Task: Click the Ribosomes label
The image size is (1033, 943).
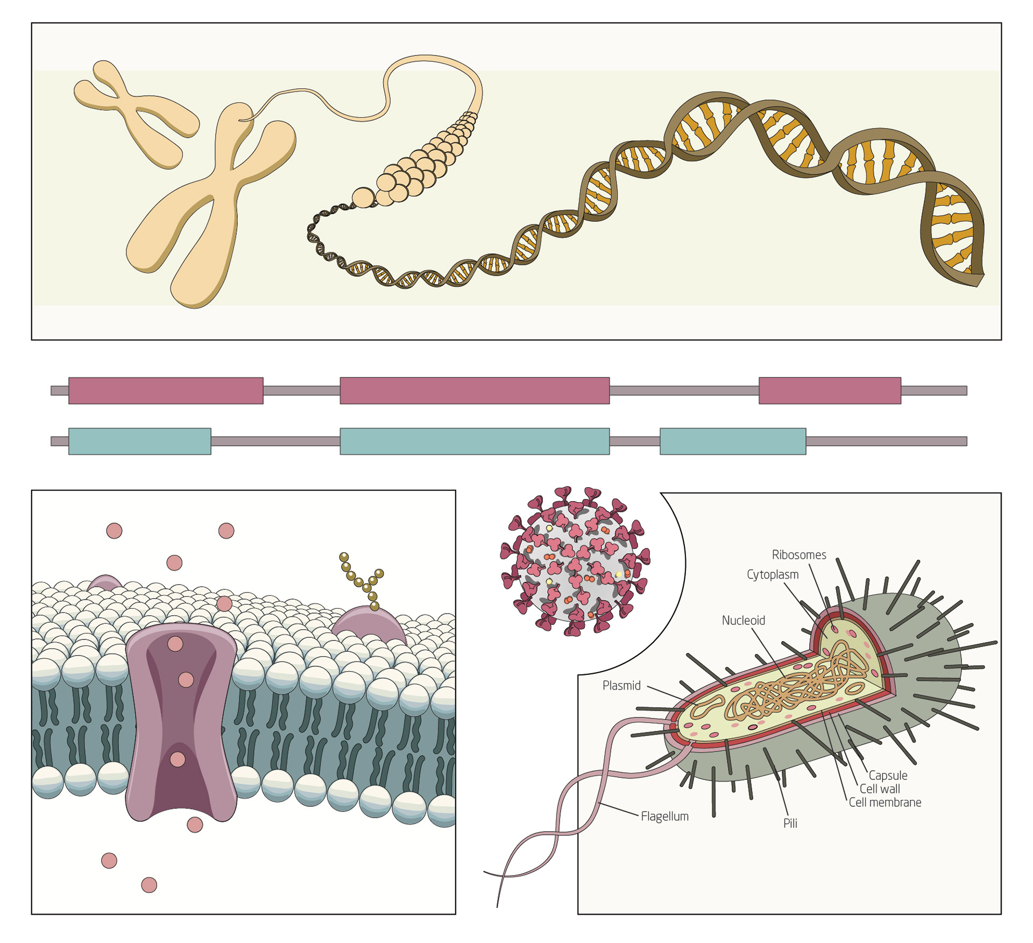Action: [798, 555]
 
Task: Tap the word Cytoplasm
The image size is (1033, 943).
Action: [772, 575]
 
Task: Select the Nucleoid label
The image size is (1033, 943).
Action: [743, 621]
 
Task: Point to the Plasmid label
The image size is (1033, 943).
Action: [621, 686]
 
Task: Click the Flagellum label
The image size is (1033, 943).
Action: [664, 817]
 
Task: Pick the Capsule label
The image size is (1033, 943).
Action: [888, 776]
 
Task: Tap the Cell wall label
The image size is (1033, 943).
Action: [880, 789]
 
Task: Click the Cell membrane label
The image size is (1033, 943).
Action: [885, 803]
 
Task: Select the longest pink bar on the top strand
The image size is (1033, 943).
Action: [475, 391]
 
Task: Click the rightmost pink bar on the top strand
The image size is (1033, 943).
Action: [830, 391]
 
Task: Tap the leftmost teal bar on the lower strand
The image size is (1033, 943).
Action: [140, 441]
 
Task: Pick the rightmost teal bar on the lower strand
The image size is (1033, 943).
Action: [733, 441]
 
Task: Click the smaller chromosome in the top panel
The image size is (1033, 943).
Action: [135, 110]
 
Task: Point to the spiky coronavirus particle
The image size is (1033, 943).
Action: [575, 561]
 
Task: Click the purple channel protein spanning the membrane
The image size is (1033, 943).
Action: [181, 721]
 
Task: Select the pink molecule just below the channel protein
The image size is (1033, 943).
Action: [195, 825]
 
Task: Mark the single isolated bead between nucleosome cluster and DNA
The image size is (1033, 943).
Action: [363, 198]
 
